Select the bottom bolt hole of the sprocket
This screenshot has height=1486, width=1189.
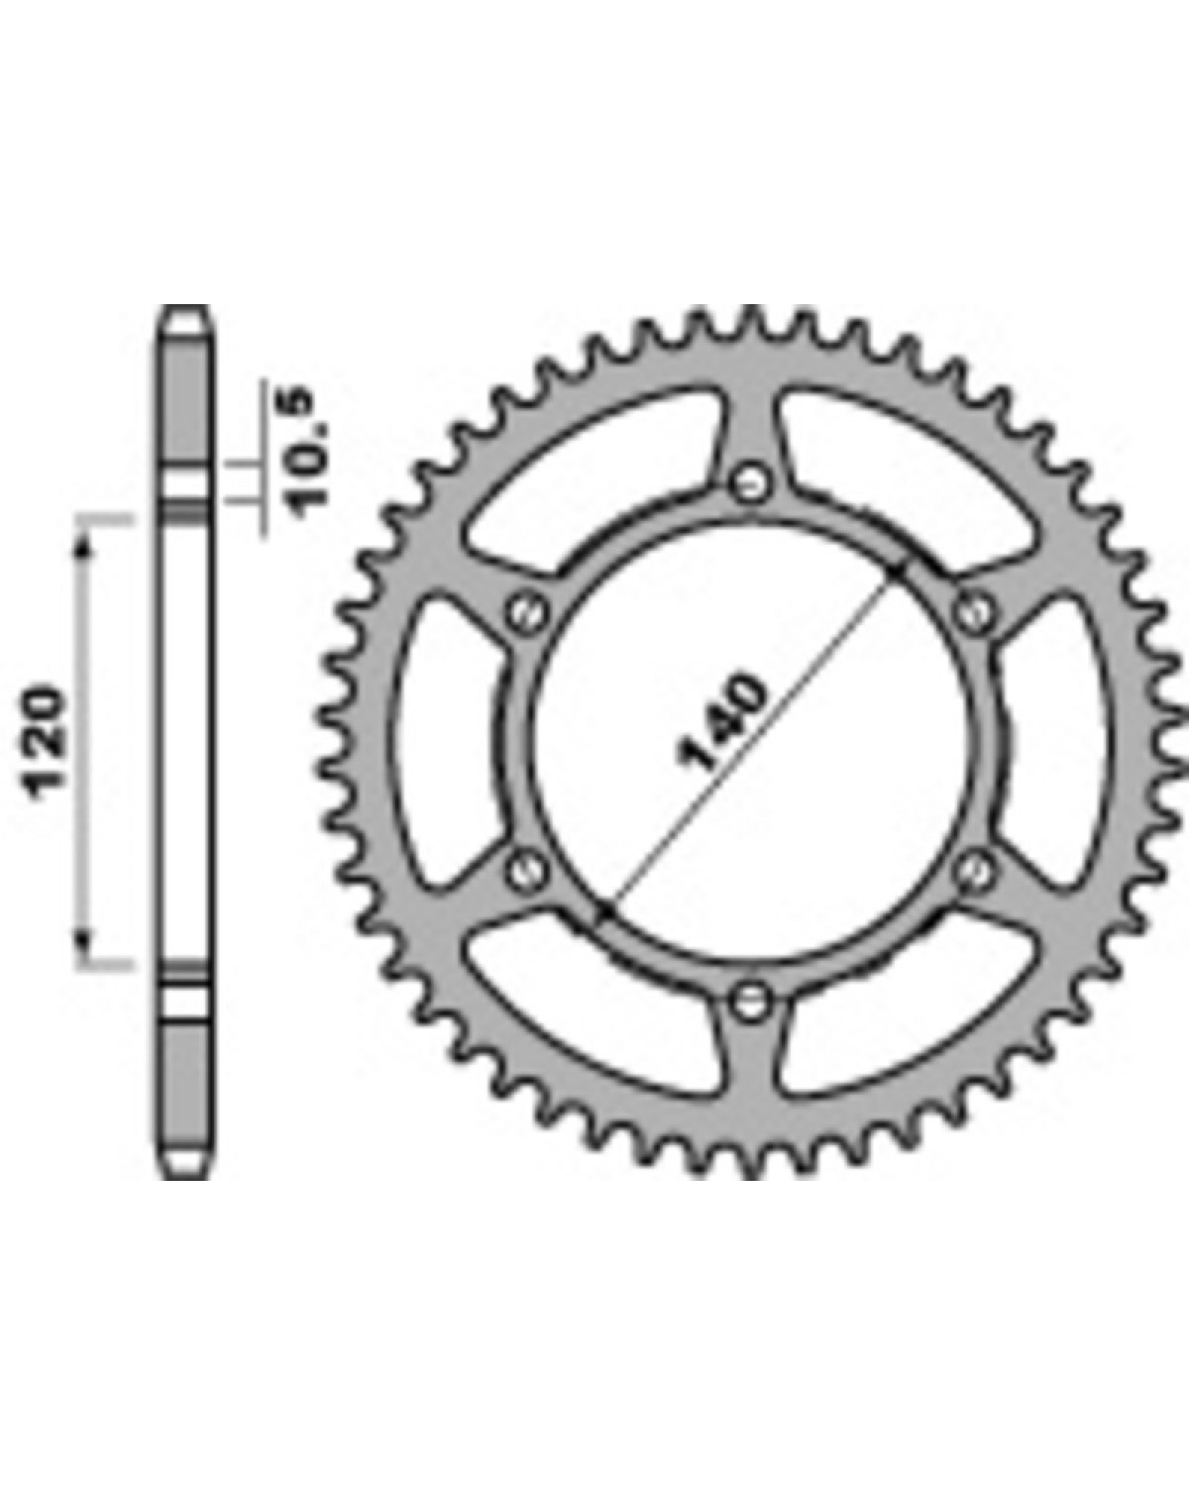[x=751, y=1002]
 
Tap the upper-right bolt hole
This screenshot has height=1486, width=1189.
[x=975, y=610]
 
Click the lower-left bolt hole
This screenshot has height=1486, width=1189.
[x=526, y=872]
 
